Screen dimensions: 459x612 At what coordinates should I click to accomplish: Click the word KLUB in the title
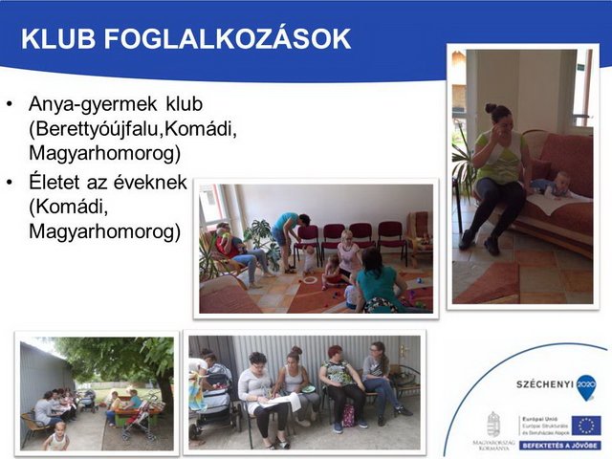click(x=55, y=39)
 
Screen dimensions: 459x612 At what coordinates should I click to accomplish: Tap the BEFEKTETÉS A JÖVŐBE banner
click(x=560, y=445)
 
